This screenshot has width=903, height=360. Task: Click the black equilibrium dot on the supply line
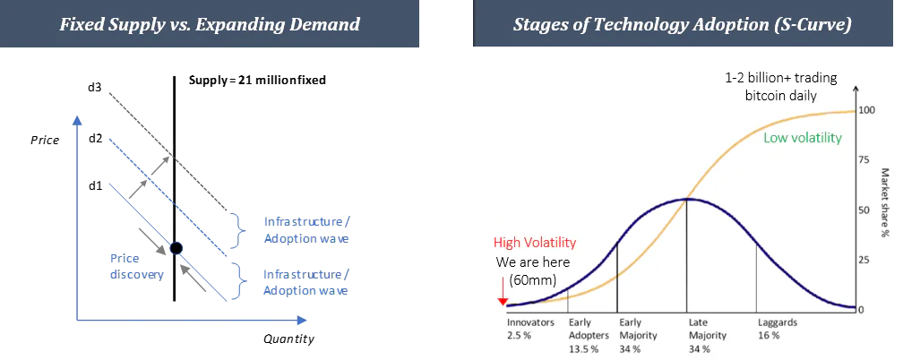point(176,248)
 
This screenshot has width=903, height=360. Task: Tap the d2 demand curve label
point(96,138)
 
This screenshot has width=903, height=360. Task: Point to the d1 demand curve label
point(96,185)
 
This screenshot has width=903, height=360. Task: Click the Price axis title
point(45,140)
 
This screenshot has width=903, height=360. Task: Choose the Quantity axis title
point(289,339)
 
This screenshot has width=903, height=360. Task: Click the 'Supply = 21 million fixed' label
point(257,80)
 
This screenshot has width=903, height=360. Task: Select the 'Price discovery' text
point(137,266)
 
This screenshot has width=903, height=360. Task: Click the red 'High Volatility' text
point(535,243)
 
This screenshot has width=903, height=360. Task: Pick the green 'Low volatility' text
point(803,138)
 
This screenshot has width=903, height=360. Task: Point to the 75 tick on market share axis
point(864,159)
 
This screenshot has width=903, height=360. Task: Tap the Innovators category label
point(530,322)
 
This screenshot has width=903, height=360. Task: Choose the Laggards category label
point(778,322)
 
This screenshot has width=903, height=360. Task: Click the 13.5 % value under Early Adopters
point(584,348)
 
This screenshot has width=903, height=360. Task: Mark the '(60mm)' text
point(533,281)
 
